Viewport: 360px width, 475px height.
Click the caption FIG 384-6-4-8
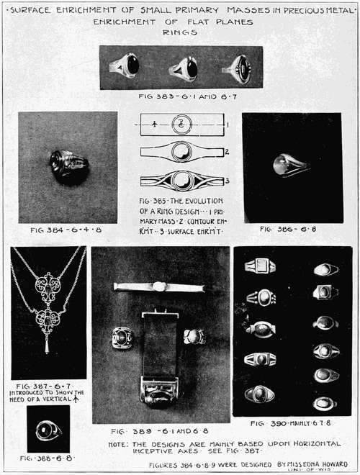[67, 230]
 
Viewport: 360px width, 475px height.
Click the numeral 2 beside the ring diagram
[227, 152]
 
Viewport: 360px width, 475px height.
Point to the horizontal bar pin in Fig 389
[163, 286]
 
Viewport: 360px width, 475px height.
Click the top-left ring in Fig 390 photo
[259, 267]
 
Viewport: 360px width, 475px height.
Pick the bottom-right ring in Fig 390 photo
[325, 402]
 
